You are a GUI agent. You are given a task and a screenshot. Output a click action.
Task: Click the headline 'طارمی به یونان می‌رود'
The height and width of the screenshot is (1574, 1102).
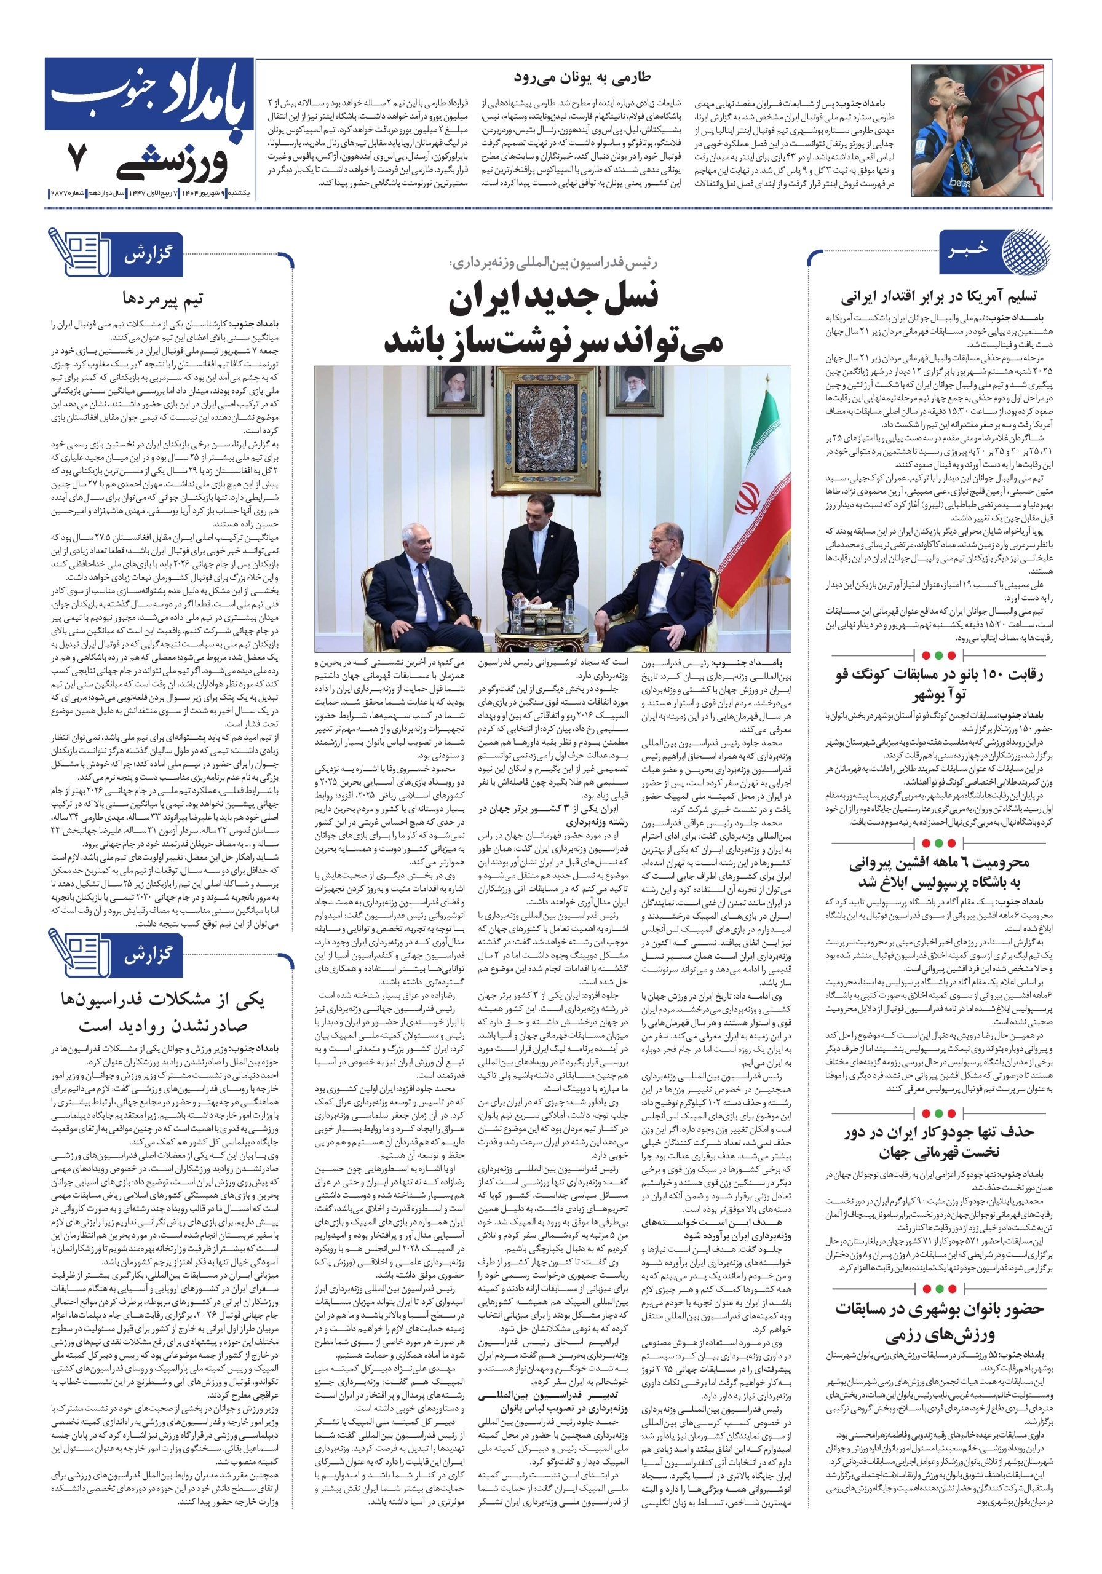[x=582, y=77]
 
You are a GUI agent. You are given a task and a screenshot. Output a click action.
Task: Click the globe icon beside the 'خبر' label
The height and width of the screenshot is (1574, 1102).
[x=1025, y=250]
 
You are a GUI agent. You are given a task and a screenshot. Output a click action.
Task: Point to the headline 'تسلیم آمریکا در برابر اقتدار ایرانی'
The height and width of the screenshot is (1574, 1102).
[x=939, y=297]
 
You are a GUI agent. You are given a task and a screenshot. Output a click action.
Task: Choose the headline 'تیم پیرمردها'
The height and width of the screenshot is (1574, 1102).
[x=163, y=299]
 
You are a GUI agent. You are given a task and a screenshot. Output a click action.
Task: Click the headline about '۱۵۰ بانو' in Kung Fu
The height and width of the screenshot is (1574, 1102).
[x=939, y=685]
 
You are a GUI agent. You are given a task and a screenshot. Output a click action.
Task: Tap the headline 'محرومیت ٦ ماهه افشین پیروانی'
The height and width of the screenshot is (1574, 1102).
[x=939, y=872]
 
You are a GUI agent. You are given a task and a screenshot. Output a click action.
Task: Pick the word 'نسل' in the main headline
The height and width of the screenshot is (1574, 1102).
[x=625, y=297]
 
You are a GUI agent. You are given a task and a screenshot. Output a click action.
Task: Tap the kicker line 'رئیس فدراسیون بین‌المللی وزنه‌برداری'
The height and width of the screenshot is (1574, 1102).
[x=553, y=263]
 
